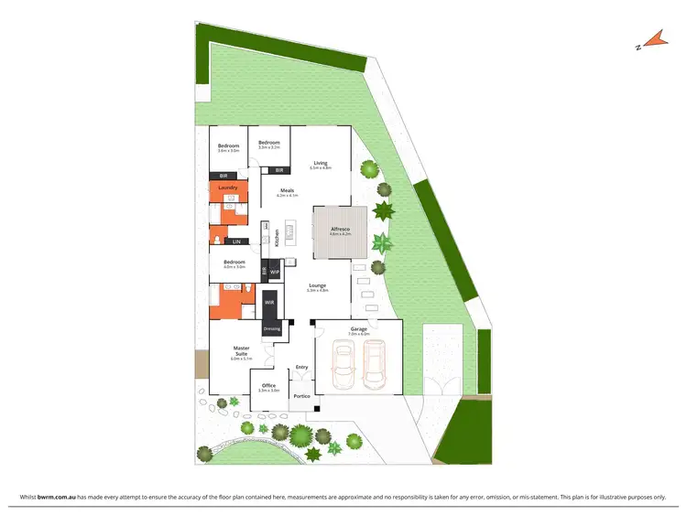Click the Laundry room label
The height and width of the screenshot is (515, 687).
[228, 188]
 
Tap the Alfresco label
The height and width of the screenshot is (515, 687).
[340, 229]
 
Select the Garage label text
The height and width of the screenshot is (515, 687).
[358, 328]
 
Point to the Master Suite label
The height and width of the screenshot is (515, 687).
[242, 350]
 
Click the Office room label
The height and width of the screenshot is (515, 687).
[269, 385]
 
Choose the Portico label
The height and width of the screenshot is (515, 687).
[301, 396]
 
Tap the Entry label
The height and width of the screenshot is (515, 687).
[301, 368]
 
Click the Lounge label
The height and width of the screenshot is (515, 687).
[318, 284]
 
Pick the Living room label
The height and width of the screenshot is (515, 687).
[320, 163]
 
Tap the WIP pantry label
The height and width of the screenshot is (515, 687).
[274, 272]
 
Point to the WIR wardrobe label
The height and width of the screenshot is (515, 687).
[269, 301]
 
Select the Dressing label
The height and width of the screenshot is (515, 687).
[271, 327]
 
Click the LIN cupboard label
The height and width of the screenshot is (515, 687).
[236, 241]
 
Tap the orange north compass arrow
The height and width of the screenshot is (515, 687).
[651, 39]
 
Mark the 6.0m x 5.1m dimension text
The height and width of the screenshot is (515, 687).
[242, 359]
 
